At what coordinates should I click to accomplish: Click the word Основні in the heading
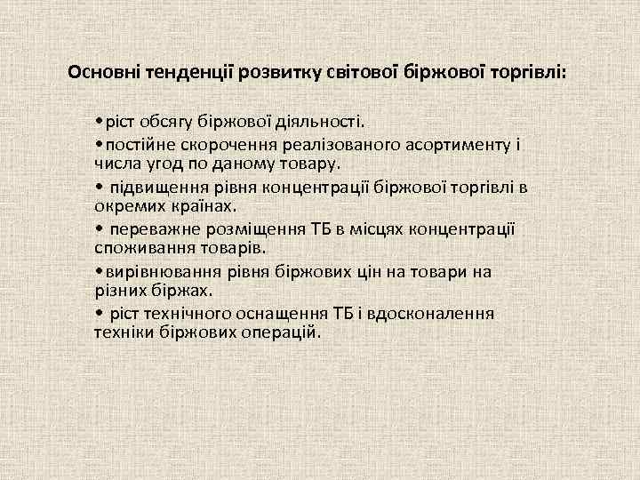click(x=99, y=71)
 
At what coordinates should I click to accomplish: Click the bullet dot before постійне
click(x=100, y=144)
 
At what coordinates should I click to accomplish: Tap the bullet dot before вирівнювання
click(x=100, y=271)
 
